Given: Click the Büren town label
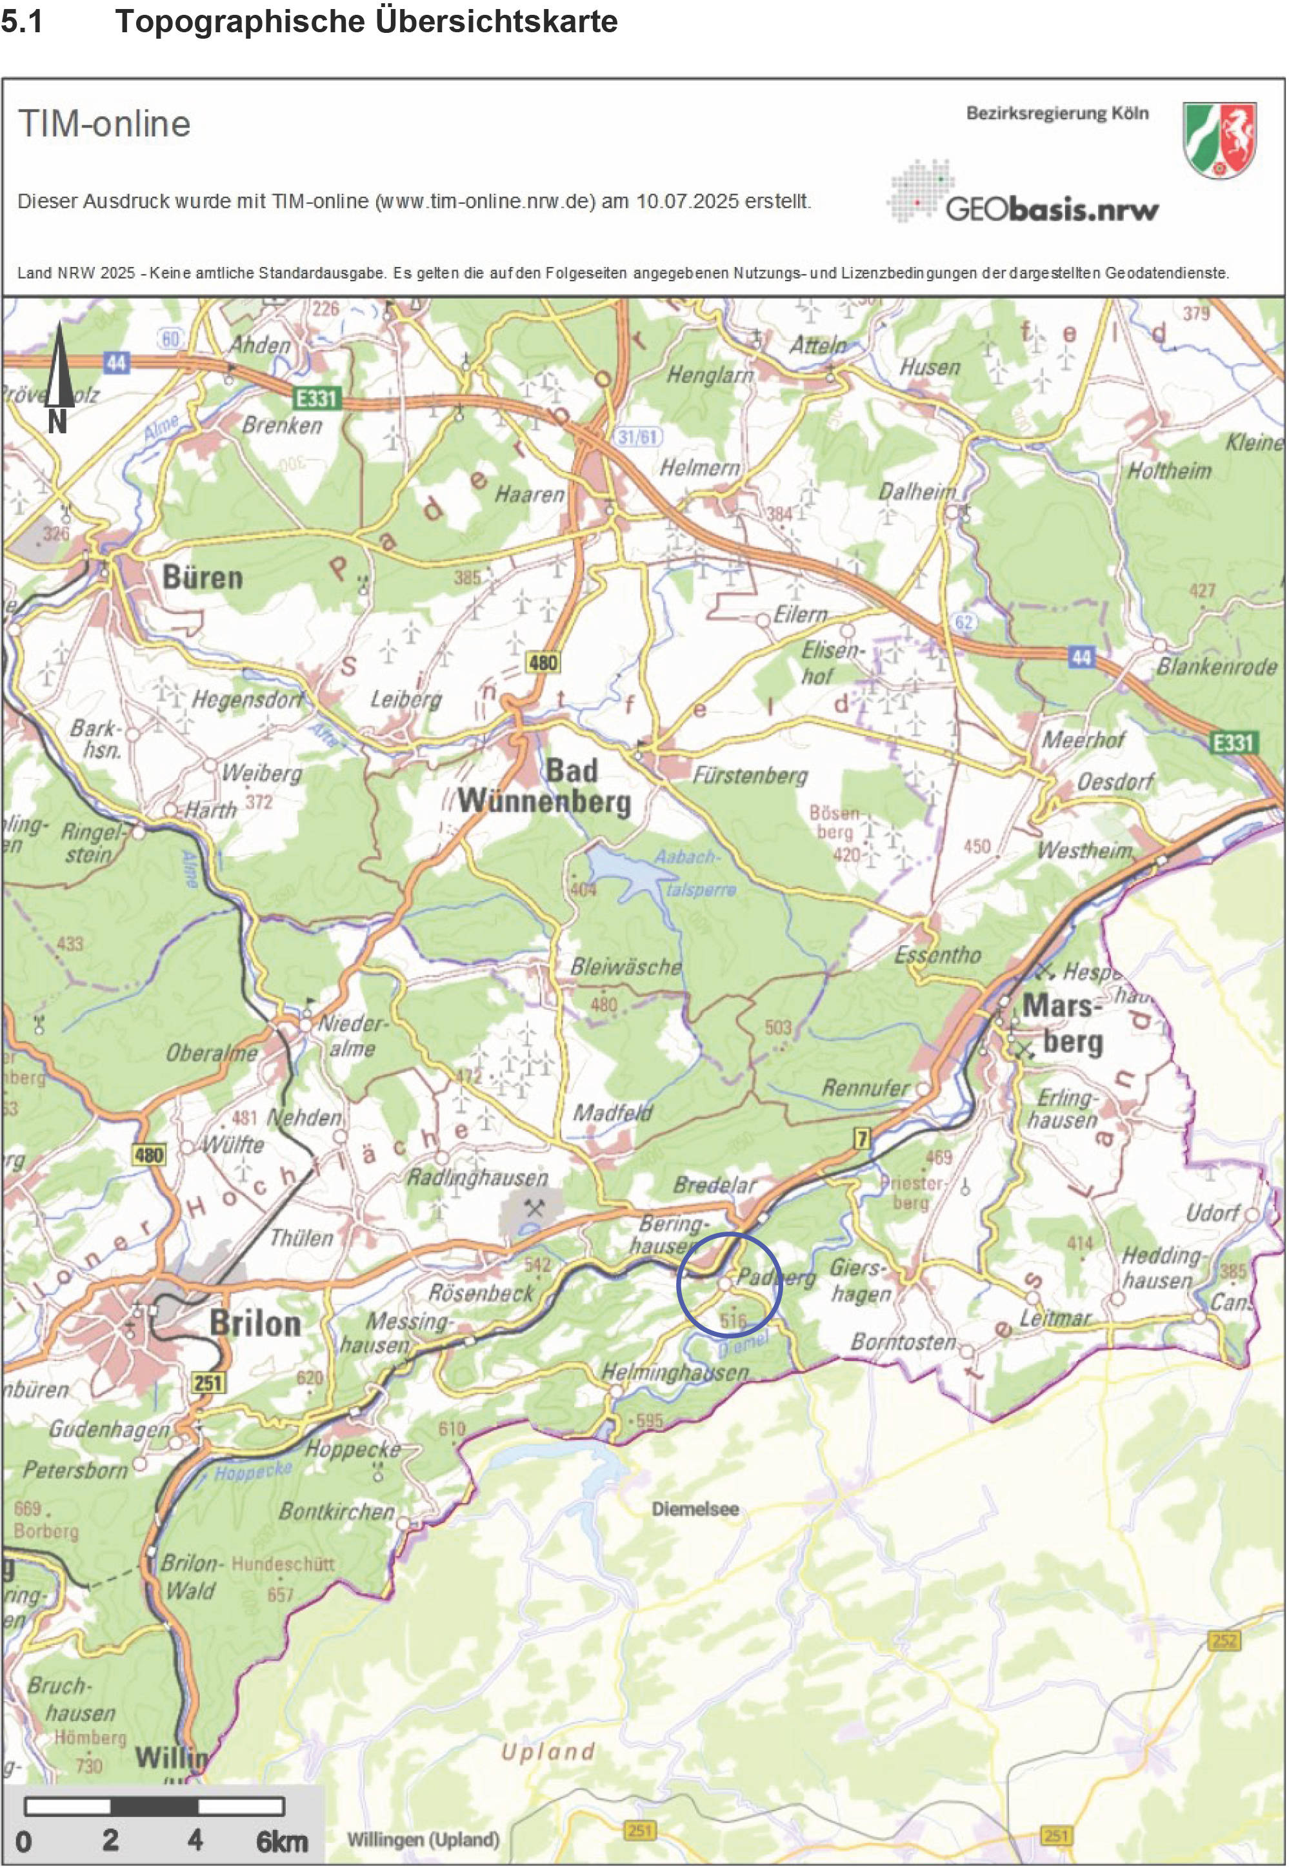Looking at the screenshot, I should [x=202, y=578].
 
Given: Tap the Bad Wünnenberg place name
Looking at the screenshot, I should [x=545, y=788].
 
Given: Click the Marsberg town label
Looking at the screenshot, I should [x=1063, y=1023].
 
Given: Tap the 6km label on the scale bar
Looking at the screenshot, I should [x=282, y=1842].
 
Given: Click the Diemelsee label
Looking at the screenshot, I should [x=695, y=1509].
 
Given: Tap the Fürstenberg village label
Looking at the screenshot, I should [x=750, y=776].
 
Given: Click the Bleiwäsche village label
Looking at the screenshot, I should [x=625, y=967].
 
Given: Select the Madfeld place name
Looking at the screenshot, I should [x=612, y=1113].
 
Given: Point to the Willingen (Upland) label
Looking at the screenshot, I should [x=423, y=1840].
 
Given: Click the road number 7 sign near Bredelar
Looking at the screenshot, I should [x=863, y=1139].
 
